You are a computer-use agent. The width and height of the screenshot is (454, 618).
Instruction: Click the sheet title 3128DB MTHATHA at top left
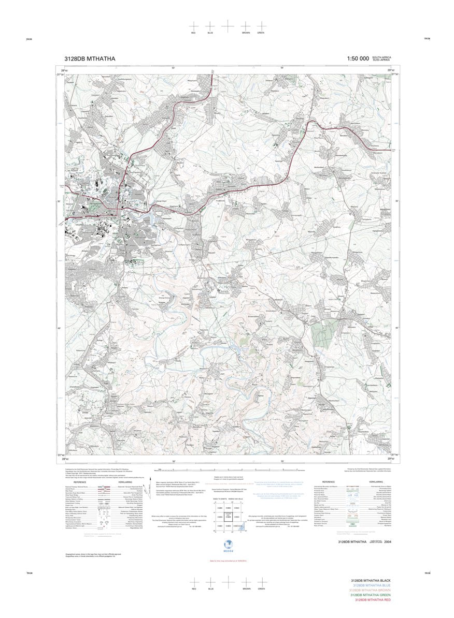coord(90,59)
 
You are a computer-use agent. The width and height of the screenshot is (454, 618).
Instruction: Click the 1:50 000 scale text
coord(358,59)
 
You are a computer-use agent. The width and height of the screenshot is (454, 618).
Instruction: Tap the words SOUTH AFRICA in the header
coord(381,57)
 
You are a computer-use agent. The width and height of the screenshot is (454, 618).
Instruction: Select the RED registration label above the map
coord(193,33)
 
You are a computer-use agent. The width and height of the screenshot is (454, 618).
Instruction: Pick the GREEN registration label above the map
coord(261,33)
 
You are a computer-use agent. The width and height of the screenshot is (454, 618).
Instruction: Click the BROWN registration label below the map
coord(246,589)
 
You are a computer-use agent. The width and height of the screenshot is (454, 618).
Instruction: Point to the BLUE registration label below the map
coord(210,589)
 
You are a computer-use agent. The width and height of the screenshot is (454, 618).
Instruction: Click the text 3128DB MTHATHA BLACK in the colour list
coord(370,581)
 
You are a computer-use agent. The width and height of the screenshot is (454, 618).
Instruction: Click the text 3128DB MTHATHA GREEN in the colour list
coord(370,595)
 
